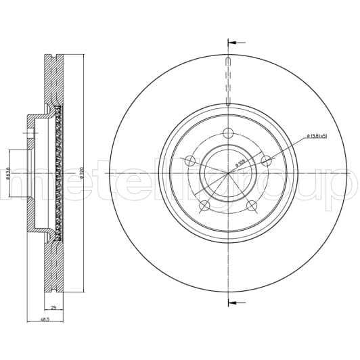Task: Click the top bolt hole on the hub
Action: coord(228,133)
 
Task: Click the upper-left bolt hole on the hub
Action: coord(190,160)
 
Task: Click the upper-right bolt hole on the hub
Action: coord(266,160)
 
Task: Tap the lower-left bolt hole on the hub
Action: coord(204,205)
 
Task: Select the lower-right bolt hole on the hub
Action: coord(252,205)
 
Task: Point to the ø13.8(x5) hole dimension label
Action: coord(317,136)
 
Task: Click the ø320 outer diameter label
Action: coord(81,173)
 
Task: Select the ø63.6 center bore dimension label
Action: coord(7,173)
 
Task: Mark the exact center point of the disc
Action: coord(228,173)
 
